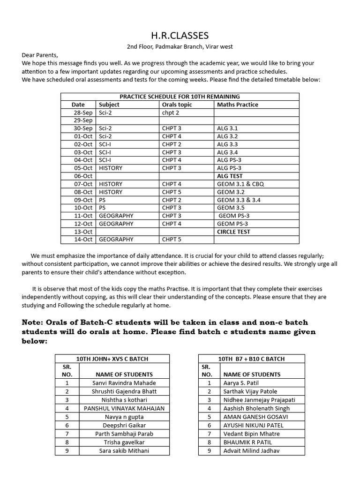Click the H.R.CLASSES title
[x=180, y=36]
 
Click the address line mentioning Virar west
[x=180, y=47]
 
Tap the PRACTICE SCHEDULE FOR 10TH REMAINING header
[x=180, y=97]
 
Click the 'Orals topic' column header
[x=177, y=105]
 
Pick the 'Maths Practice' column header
[x=237, y=105]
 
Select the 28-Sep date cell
[x=83, y=112]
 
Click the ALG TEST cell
[x=230, y=176]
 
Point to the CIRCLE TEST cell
[x=233, y=232]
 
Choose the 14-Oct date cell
[x=83, y=240]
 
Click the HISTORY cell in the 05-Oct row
[x=111, y=168]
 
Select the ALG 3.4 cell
[x=227, y=152]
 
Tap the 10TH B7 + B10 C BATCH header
[x=252, y=359]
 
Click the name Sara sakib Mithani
[x=124, y=450]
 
